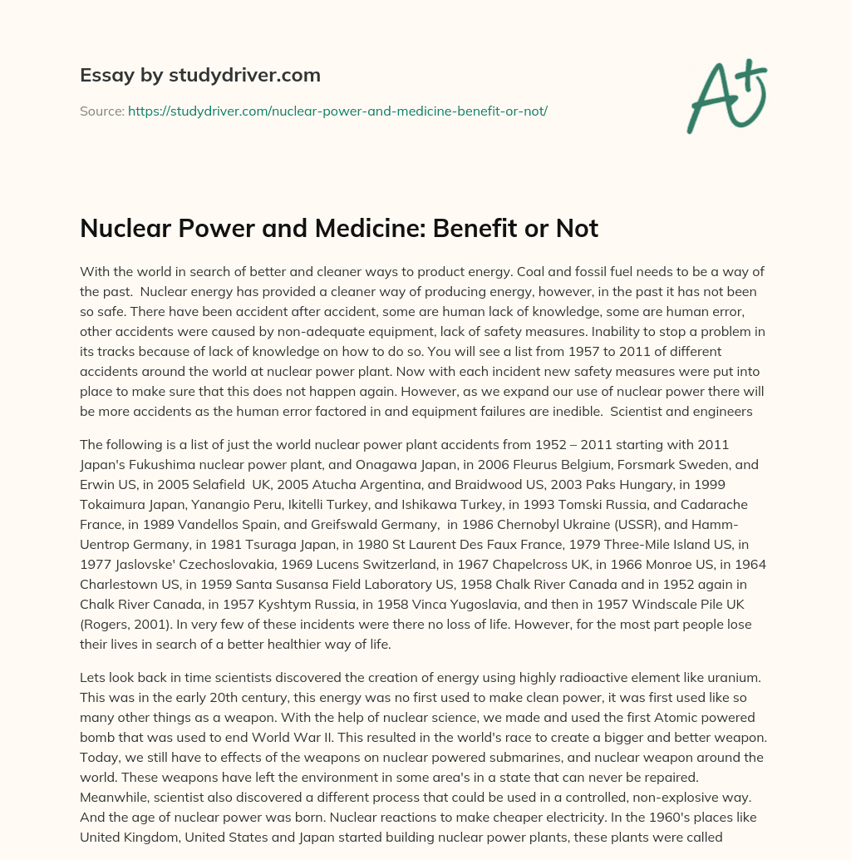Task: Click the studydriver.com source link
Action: click(x=337, y=111)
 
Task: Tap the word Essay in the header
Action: click(x=102, y=75)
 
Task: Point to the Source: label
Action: click(x=101, y=111)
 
